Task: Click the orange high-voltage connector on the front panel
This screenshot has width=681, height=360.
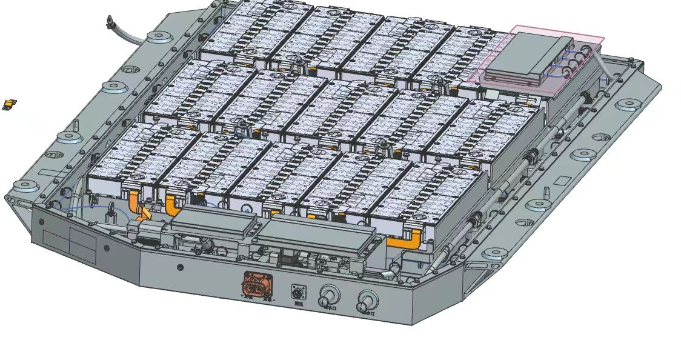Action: point(257,285)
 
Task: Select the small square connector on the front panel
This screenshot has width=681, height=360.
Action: point(298,290)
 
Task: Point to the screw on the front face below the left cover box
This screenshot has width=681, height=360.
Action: point(180,267)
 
